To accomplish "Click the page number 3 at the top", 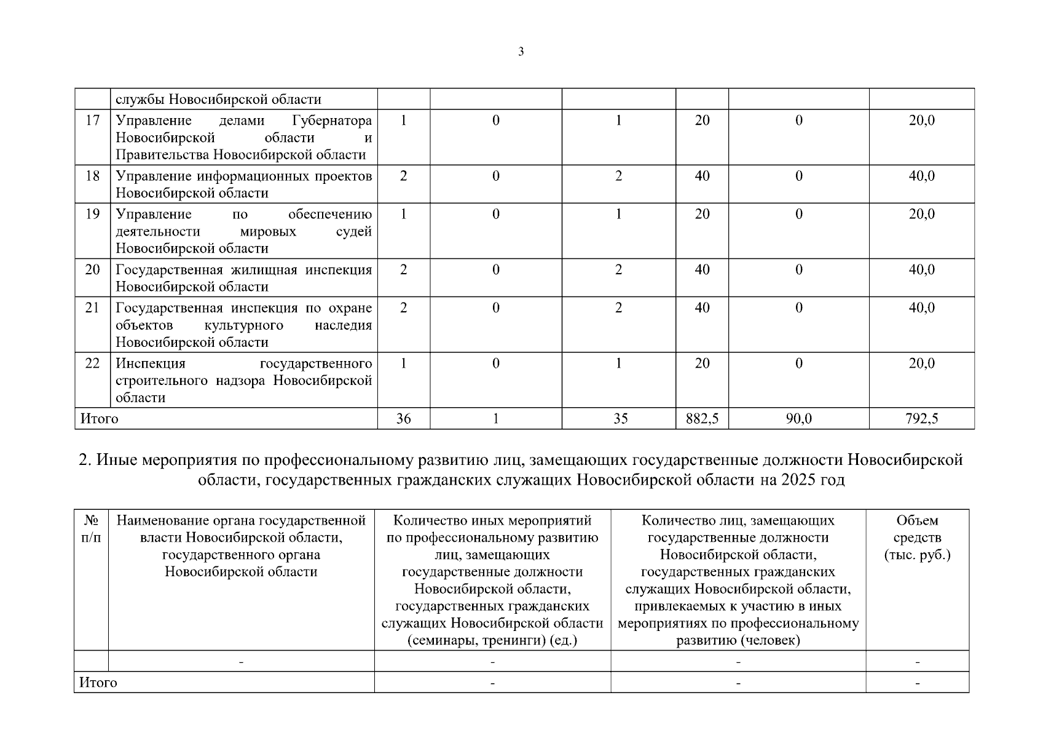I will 521,52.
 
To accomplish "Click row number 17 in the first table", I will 92,120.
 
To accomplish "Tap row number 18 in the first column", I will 92,176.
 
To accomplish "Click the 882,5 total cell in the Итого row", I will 702,419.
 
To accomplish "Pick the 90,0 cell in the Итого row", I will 798,419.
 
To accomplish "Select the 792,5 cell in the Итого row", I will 921,419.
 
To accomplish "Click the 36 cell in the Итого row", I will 403,419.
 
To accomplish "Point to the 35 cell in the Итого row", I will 620,419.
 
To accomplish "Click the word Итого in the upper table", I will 99,419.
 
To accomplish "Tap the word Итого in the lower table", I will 98,683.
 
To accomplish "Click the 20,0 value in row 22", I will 921,363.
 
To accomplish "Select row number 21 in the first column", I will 92,307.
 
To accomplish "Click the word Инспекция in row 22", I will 151,363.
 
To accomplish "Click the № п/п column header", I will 91,529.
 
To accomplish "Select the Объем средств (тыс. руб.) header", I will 917,538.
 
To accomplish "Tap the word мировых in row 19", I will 268,232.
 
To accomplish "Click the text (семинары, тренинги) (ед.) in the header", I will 492,641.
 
